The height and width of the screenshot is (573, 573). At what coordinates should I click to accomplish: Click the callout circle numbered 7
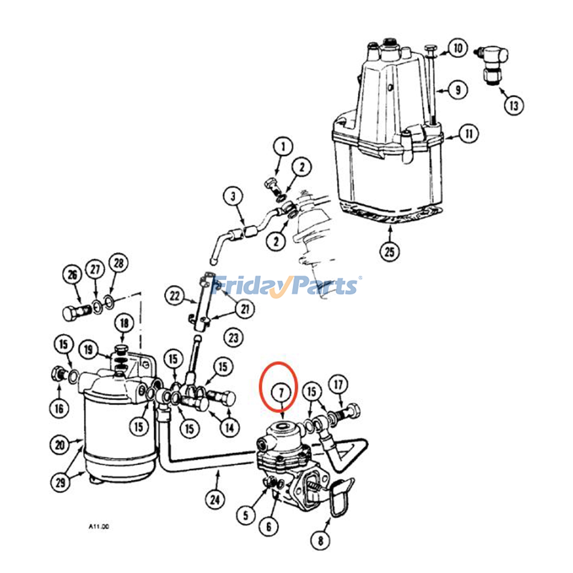[x=281, y=393]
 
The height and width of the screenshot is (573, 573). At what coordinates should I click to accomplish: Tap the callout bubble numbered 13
[x=514, y=106]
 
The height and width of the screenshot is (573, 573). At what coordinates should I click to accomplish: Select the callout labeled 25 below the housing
[x=389, y=251]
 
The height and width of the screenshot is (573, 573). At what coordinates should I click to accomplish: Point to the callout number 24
[x=215, y=499]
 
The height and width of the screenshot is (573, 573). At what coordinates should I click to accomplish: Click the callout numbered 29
[x=60, y=482]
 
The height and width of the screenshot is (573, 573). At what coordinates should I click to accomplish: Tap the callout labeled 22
[x=174, y=296]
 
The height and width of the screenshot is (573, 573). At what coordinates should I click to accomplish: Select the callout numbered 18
[x=124, y=323]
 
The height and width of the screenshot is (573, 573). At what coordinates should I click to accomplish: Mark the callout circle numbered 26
[x=72, y=275]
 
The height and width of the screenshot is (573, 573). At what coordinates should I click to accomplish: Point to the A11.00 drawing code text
[x=98, y=527]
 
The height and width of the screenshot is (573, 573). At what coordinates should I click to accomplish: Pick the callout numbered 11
[x=468, y=134]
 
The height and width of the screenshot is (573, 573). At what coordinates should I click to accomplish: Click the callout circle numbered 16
[x=59, y=408]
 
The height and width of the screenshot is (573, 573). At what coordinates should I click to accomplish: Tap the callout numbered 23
[x=233, y=337]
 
